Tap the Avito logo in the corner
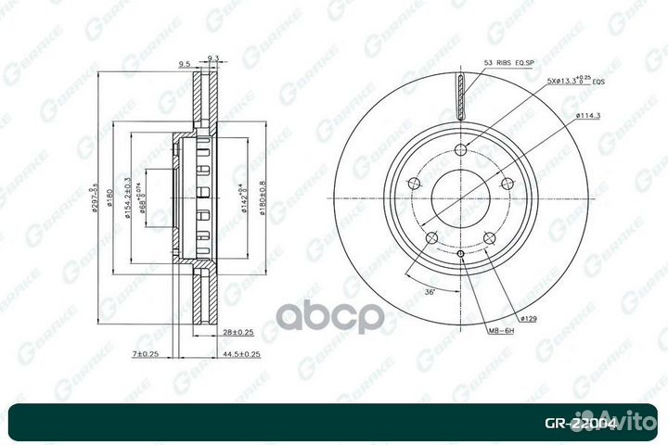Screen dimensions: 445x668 (627, 421)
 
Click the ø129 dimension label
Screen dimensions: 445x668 (529, 318)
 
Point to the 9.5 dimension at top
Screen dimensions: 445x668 (184, 64)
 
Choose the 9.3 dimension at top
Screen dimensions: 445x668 (212, 58)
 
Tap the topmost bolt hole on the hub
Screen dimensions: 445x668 (462, 148)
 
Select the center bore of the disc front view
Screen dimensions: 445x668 (462, 197)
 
